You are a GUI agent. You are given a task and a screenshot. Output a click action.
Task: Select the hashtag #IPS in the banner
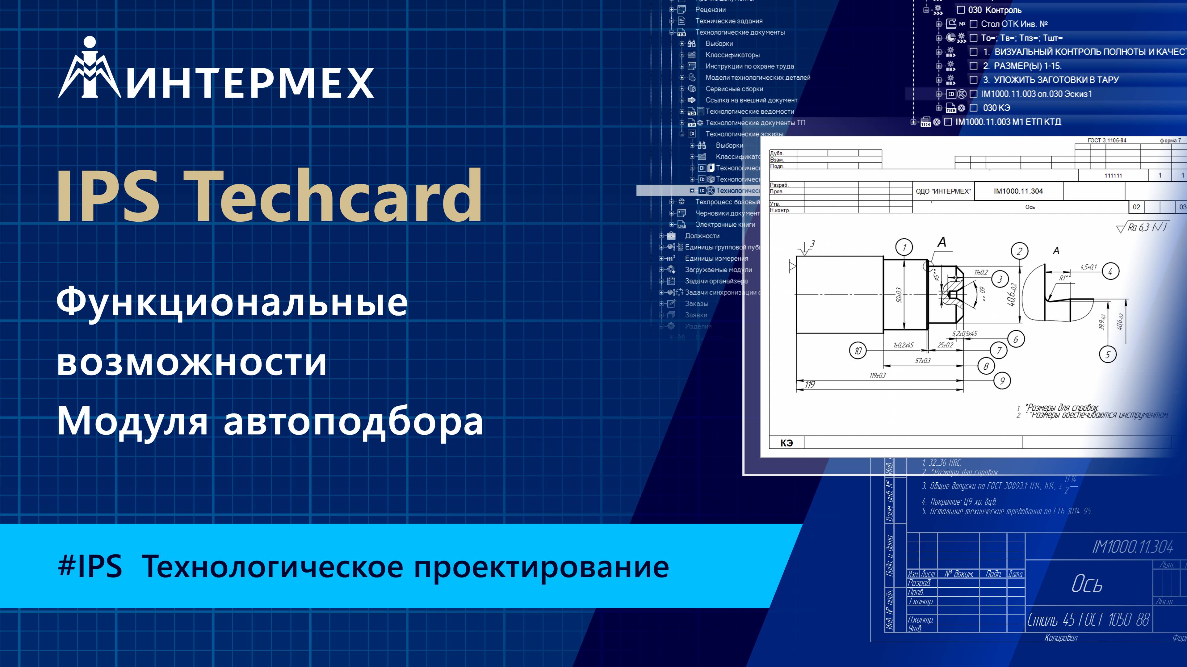tap(90, 566)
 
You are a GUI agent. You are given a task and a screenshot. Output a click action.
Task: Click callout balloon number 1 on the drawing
tap(904, 248)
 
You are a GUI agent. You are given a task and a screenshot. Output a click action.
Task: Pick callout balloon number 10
tap(858, 351)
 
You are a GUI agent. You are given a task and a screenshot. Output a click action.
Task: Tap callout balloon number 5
tap(1108, 354)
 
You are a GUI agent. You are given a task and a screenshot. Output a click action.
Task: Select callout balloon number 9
tap(1002, 381)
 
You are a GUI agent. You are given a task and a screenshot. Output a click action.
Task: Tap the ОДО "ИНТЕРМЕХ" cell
tap(943, 191)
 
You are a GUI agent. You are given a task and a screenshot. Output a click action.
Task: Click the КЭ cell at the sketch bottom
tap(786, 443)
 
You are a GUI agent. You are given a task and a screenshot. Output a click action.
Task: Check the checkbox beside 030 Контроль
tap(961, 10)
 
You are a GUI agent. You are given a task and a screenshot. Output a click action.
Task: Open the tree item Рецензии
tap(710, 10)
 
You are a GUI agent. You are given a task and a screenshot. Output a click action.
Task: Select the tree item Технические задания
tap(728, 21)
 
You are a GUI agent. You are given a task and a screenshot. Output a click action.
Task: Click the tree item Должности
tap(702, 236)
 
